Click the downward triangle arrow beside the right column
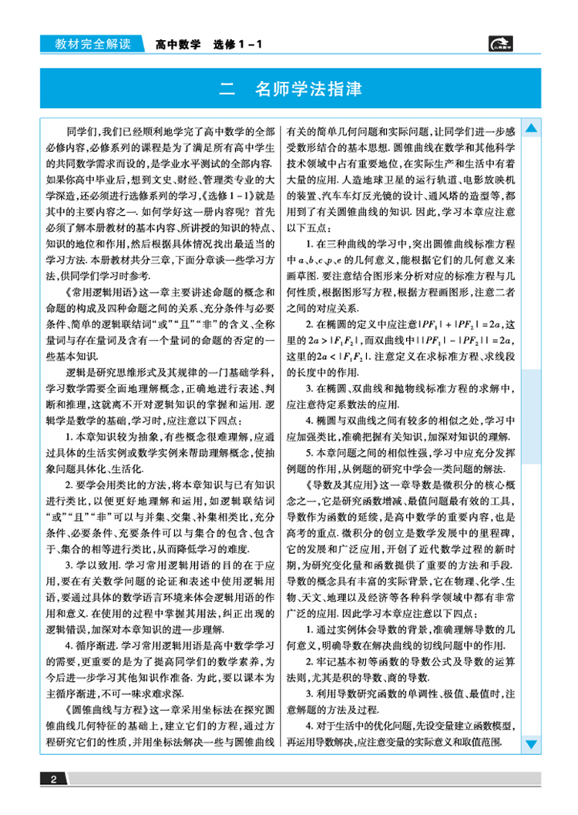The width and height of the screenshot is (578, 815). point(531,743)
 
